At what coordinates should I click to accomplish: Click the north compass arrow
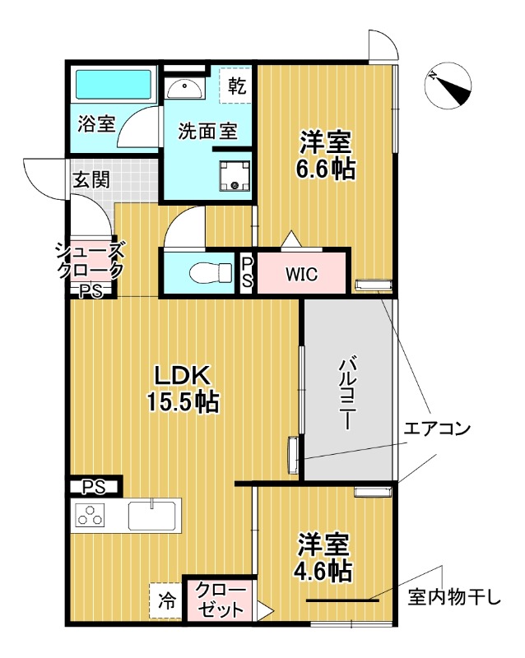449,86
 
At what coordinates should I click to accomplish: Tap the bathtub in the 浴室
114,84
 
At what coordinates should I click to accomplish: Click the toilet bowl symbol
201,271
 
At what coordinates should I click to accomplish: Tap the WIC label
300,274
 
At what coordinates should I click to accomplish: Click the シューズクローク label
91,260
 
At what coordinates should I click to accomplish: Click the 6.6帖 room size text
326,169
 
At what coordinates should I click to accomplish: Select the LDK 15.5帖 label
184,388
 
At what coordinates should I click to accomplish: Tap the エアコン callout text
436,429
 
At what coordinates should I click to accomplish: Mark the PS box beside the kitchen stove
94,486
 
